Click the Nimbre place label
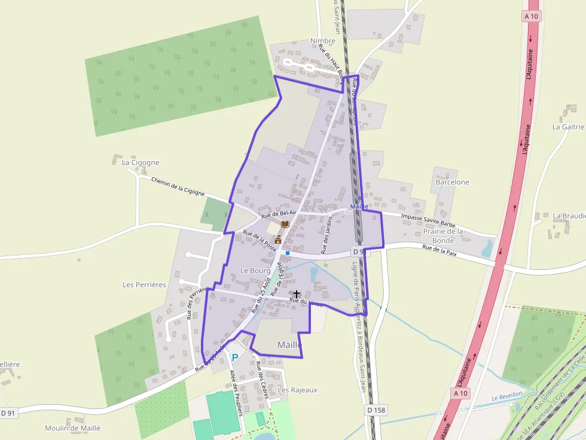click(323, 41)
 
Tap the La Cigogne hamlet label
click(141, 162)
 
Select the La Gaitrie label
click(567, 127)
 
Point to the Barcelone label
click(453, 182)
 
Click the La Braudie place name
click(567, 216)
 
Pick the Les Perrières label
click(144, 285)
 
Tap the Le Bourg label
click(255, 270)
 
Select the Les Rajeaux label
click(298, 390)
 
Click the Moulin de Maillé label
click(73, 428)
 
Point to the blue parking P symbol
click(235, 358)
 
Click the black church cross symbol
click(297, 294)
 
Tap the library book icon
click(285, 224)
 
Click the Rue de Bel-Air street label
click(279, 213)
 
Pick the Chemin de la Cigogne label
click(178, 186)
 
